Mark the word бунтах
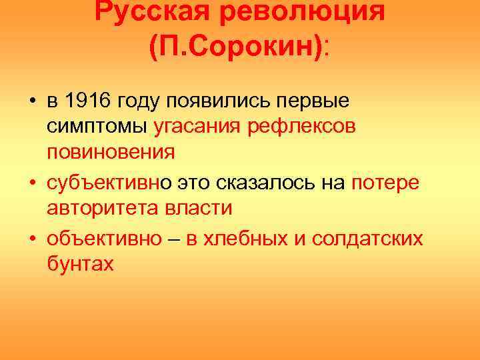(81, 265)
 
